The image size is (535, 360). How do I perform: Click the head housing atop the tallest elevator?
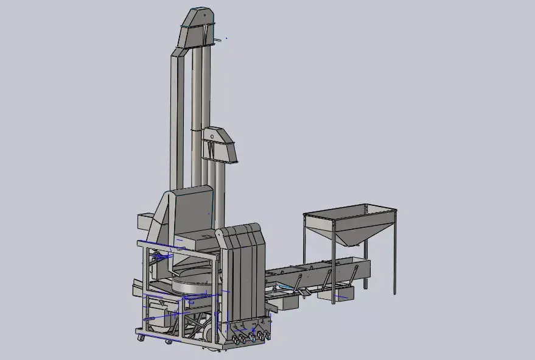(198, 27)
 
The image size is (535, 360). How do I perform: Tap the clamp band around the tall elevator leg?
(195, 130)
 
